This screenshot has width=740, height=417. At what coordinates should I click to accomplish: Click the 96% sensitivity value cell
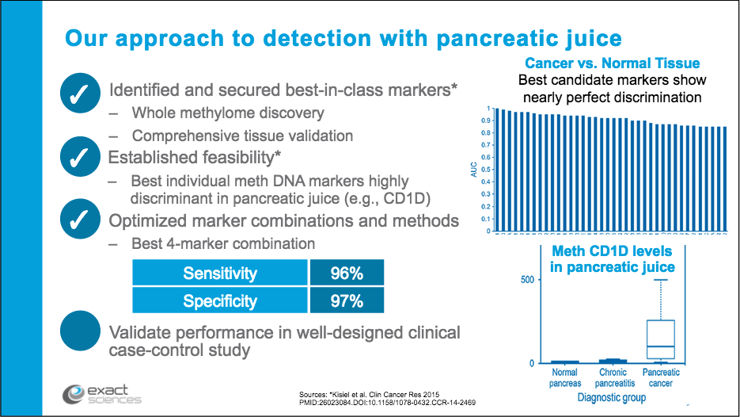coord(346,274)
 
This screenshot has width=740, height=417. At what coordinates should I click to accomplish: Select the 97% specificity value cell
coord(346,301)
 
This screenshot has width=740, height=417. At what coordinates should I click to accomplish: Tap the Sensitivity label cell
coord(219,274)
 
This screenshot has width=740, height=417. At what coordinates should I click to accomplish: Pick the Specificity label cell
coord(219,301)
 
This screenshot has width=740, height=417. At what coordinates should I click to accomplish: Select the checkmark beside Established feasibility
coord(80,157)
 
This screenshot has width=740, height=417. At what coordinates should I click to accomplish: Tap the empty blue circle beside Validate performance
coord(80,331)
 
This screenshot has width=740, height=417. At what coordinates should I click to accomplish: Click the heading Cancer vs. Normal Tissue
coord(612,63)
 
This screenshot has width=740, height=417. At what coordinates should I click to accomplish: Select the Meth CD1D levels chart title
coord(613,258)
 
